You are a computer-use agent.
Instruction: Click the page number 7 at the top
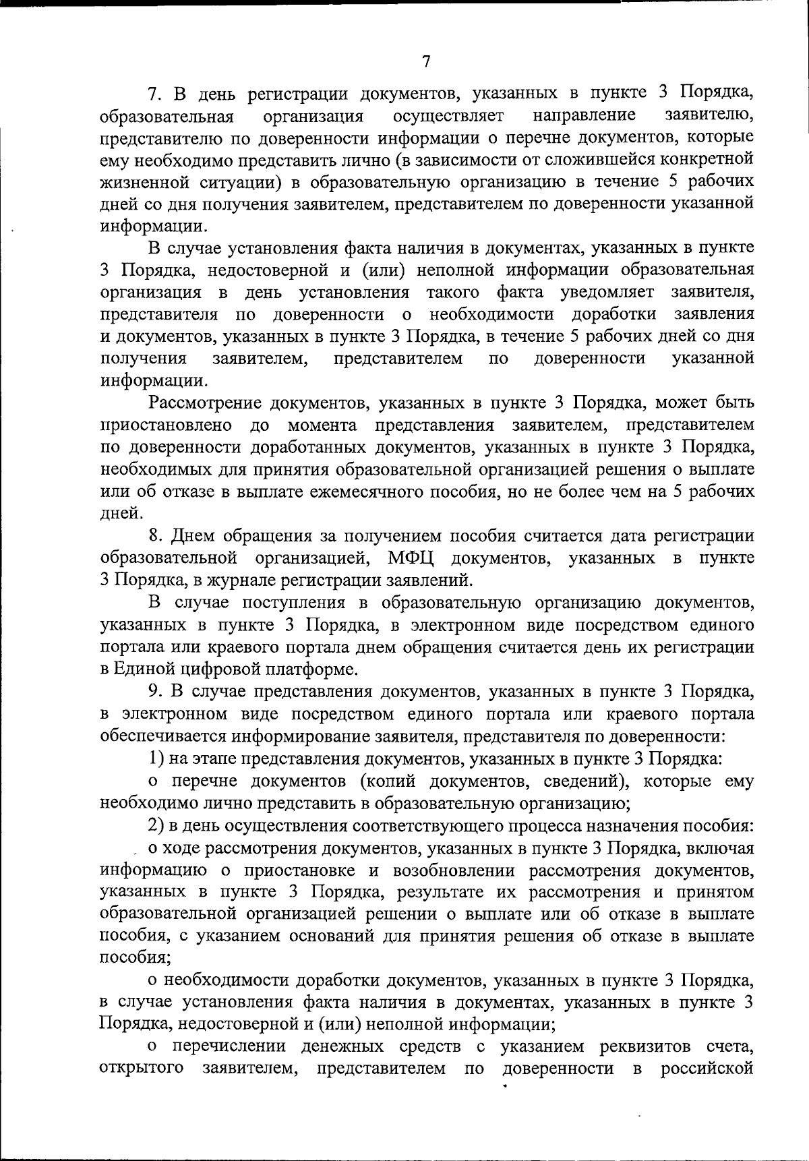point(425,61)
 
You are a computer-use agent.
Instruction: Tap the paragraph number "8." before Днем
point(156,536)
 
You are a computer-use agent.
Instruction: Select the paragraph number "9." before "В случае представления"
point(156,692)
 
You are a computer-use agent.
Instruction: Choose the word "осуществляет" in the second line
point(448,116)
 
